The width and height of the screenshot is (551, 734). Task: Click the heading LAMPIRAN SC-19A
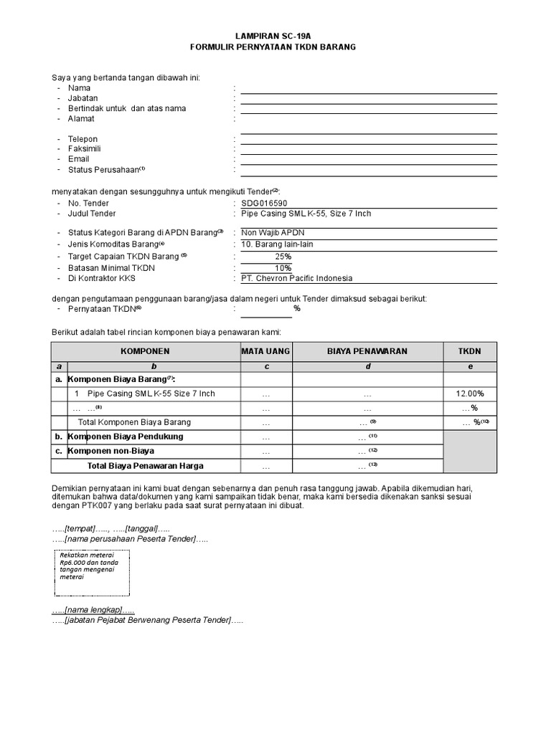point(276,34)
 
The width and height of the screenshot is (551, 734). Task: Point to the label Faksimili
point(83,149)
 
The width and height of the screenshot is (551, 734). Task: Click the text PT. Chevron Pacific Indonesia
point(296,278)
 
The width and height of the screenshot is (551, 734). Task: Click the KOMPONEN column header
point(145,351)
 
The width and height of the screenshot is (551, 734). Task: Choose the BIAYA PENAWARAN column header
point(367,351)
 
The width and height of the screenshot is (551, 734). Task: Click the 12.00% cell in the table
point(469,394)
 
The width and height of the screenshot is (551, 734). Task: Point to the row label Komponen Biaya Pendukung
point(126,437)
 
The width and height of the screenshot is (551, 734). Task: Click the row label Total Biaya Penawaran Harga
point(145,465)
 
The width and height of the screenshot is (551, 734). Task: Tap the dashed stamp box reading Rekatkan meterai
point(92,573)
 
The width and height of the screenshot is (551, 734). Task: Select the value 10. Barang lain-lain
point(277,244)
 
